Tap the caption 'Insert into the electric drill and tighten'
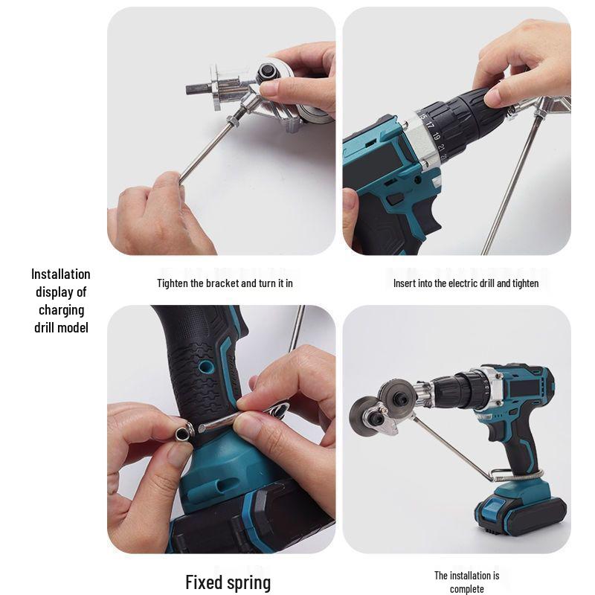pyautogui.click(x=466, y=283)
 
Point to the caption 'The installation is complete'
pyautogui.click(x=466, y=582)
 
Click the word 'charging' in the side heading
pyautogui.click(x=61, y=309)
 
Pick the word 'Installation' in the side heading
pyautogui.click(x=61, y=274)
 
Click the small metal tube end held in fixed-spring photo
pyautogui.click(x=182, y=431)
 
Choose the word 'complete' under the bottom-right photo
pyautogui.click(x=466, y=589)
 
